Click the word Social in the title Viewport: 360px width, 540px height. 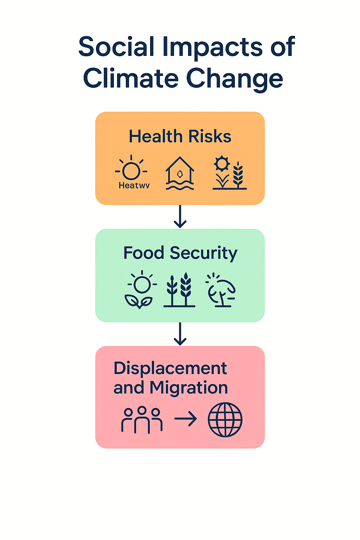[x=116, y=47]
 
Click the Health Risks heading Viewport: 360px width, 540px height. [x=180, y=136]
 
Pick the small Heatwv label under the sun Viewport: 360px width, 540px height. [x=134, y=186]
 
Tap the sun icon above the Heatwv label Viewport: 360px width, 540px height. [x=131, y=170]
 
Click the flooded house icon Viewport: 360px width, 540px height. [x=180, y=173]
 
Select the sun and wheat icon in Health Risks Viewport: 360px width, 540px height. [x=230, y=173]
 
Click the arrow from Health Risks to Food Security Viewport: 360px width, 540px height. [x=180, y=217]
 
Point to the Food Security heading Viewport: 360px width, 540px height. [x=180, y=253]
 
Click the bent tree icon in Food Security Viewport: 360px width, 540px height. [x=221, y=290]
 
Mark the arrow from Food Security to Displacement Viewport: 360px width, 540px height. [x=180, y=334]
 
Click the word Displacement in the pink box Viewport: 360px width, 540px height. [x=170, y=368]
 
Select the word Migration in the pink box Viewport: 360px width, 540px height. [x=189, y=388]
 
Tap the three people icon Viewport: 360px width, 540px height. [x=142, y=420]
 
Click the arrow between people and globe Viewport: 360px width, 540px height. [x=186, y=419]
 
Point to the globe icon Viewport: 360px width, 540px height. [x=225, y=420]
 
